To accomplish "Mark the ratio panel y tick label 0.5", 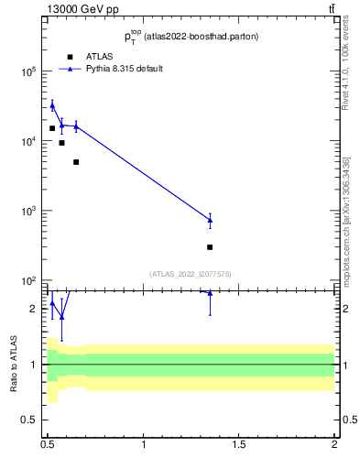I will pos(29,420).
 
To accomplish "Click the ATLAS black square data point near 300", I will pos(210,247).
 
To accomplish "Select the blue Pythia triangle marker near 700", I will pos(210,220).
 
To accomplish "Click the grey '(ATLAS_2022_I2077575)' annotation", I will pos(191,273).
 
